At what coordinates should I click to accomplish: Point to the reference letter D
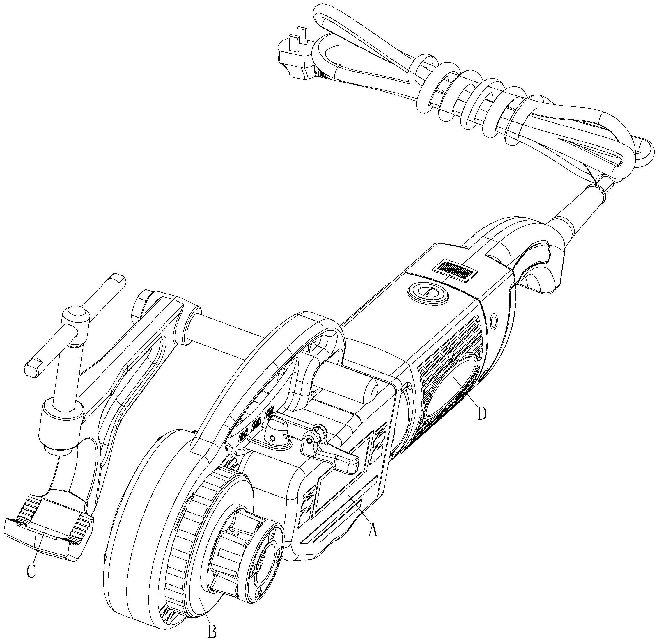[x=482, y=414]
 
